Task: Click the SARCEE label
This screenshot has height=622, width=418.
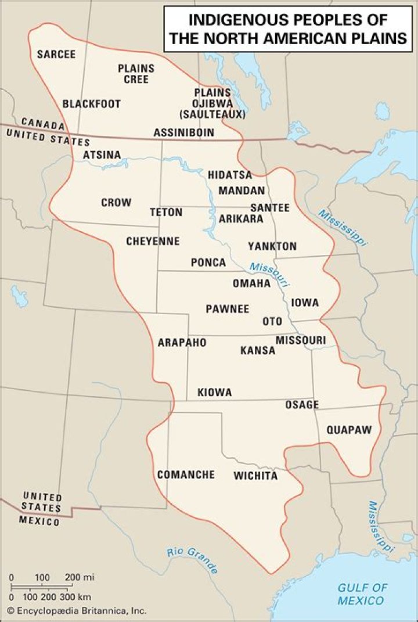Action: pyautogui.click(x=56, y=55)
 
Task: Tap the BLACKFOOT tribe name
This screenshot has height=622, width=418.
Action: pyautogui.click(x=92, y=104)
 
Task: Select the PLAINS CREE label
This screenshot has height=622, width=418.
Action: pyautogui.click(x=136, y=74)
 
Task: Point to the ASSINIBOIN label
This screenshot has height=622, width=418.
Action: pyautogui.click(x=184, y=133)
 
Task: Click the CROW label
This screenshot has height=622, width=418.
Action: pyautogui.click(x=116, y=203)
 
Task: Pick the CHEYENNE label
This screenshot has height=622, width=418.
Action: pyautogui.click(x=153, y=241)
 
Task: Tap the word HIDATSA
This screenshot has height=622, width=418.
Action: pyautogui.click(x=230, y=175)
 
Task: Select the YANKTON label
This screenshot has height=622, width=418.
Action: pyautogui.click(x=272, y=246)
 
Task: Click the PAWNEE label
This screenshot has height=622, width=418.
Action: pyautogui.click(x=228, y=309)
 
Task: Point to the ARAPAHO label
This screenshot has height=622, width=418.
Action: pyautogui.click(x=182, y=343)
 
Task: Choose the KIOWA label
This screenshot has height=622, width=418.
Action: pyautogui.click(x=215, y=393)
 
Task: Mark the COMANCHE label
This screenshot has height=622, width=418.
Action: pyautogui.click(x=186, y=474)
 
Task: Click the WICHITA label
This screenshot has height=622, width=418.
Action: pyautogui.click(x=256, y=476)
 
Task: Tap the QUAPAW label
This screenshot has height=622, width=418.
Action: pyautogui.click(x=348, y=430)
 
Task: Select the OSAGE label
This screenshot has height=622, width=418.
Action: pyautogui.click(x=302, y=405)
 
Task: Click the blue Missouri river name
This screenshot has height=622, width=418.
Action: pyautogui.click(x=269, y=273)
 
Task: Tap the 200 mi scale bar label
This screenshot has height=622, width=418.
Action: pyautogui.click(x=80, y=577)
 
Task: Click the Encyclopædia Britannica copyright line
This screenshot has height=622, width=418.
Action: pyautogui.click(x=77, y=610)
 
